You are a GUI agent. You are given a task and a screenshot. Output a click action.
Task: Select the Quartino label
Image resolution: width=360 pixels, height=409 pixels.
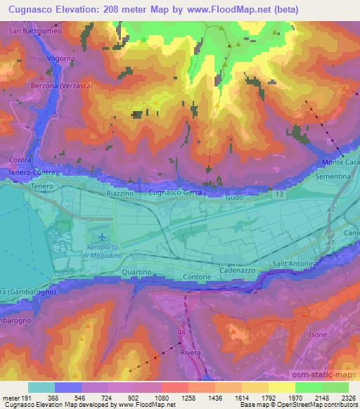pos(136,272)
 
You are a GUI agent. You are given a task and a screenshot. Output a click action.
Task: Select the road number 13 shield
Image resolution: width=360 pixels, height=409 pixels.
pos(281,192)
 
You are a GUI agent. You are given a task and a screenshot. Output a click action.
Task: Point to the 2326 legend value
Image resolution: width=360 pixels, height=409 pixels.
pos(347,397)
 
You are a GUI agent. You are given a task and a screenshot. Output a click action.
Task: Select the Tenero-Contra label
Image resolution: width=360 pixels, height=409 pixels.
pos(31,172)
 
